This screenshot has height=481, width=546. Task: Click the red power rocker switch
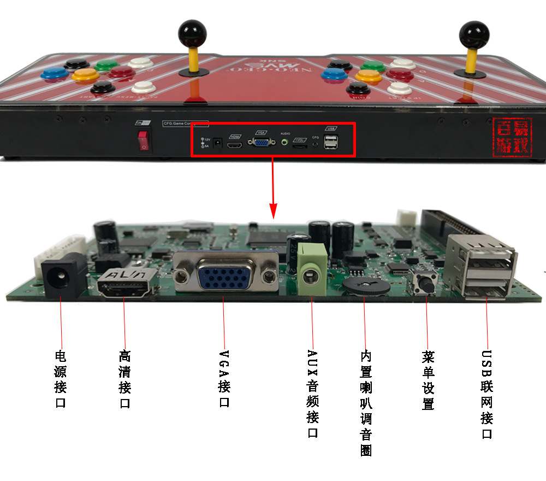click(144, 139)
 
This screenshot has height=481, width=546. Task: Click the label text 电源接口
click(61, 379)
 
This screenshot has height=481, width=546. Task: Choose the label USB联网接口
click(486, 395)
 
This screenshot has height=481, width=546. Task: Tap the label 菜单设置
click(428, 380)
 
